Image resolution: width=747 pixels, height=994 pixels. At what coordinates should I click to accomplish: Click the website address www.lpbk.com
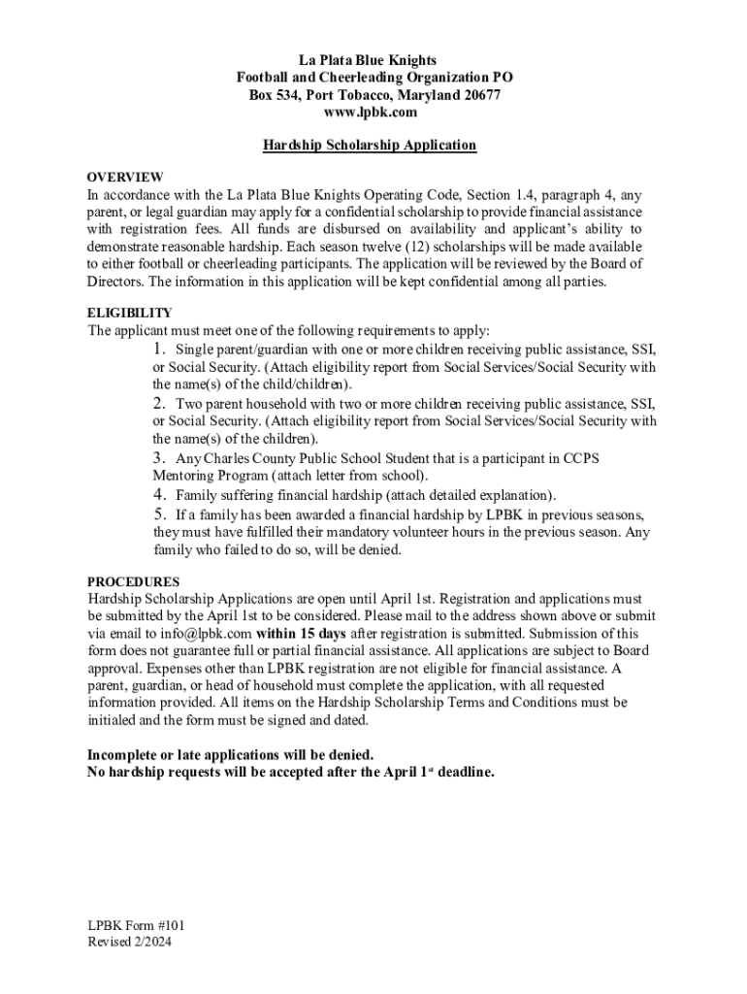pos(373,113)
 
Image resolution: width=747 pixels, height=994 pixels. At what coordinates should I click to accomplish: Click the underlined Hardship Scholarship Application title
pos(370,146)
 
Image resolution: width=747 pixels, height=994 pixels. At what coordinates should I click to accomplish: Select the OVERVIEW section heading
pos(125,177)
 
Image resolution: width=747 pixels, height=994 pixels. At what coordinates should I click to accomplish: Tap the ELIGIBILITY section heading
pos(130,313)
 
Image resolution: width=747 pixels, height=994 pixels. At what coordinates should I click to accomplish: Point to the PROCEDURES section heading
pos(133,581)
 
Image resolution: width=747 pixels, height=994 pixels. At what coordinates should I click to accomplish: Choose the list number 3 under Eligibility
pos(159,457)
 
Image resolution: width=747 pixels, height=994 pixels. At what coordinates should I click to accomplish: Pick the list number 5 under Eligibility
pos(159,514)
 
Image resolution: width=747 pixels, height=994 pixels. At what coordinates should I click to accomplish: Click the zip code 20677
pos(478,95)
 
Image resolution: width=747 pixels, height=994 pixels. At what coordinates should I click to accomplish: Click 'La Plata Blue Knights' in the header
pos(373,60)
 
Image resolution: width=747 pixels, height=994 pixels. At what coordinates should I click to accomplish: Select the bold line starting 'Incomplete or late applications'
pos(230,754)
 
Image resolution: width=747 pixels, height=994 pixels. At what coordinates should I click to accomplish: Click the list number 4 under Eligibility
pos(159,494)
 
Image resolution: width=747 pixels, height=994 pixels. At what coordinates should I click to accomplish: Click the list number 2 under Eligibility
pos(159,403)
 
